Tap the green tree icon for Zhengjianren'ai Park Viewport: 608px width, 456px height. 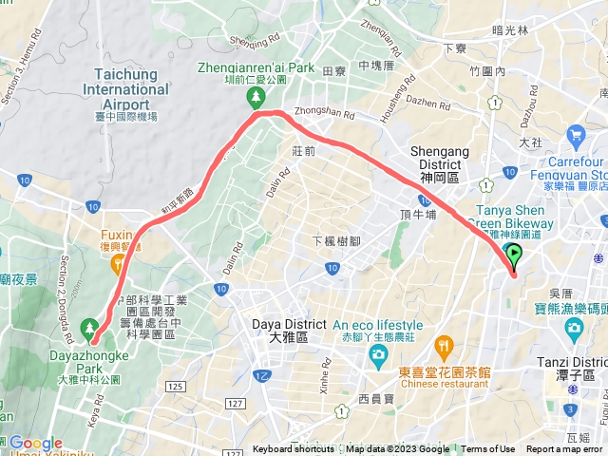click(256, 97)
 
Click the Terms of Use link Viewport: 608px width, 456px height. click(488, 449)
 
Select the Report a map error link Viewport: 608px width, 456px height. click(564, 449)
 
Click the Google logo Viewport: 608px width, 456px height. click(35, 443)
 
